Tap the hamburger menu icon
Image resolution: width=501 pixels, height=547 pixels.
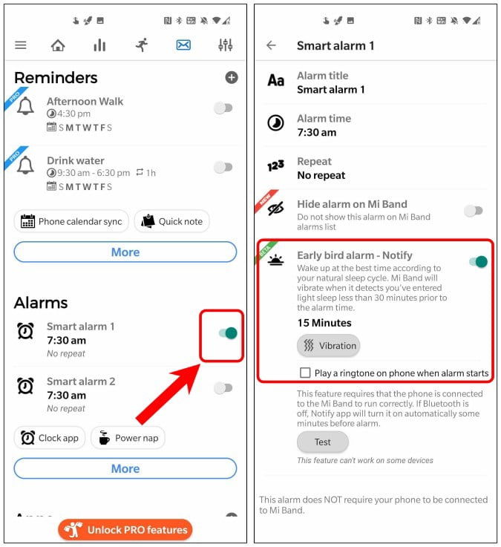tap(21, 45)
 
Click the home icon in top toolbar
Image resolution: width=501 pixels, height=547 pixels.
tap(58, 45)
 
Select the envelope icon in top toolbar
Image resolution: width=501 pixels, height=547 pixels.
tap(183, 45)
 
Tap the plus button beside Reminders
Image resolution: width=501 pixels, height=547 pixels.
tap(232, 77)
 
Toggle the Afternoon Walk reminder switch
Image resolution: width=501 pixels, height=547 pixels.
tap(223, 108)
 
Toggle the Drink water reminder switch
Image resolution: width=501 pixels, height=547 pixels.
tap(223, 167)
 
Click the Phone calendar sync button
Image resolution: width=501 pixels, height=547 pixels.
tap(71, 221)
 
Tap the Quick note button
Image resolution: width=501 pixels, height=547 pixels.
tap(172, 221)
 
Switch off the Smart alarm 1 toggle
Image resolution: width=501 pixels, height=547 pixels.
tap(227, 333)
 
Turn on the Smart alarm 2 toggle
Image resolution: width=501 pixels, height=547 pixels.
tap(223, 387)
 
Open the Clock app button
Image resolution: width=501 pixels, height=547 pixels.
tap(50, 438)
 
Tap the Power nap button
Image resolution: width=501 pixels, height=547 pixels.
tap(128, 438)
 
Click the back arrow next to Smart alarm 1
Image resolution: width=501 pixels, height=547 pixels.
tap(271, 45)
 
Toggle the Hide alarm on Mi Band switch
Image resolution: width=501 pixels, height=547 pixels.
tap(474, 211)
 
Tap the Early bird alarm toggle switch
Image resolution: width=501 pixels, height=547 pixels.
tap(479, 261)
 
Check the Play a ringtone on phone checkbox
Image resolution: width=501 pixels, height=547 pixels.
tap(305, 373)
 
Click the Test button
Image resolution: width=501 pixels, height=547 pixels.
tap(322, 442)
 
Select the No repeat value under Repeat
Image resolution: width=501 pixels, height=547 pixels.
tap(321, 176)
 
